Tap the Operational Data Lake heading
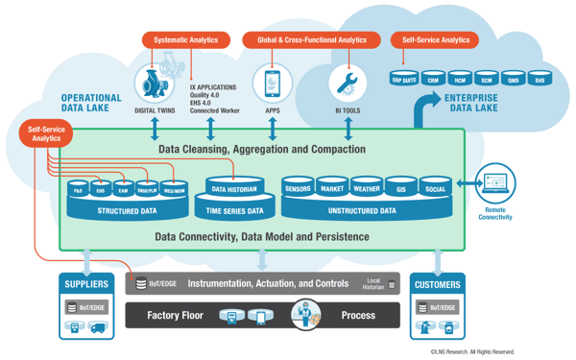pyautogui.click(x=91, y=104)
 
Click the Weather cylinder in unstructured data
pyautogui.click(x=366, y=188)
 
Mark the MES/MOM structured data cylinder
pyautogui.click(x=173, y=191)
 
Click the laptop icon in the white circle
pyautogui.click(x=496, y=182)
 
